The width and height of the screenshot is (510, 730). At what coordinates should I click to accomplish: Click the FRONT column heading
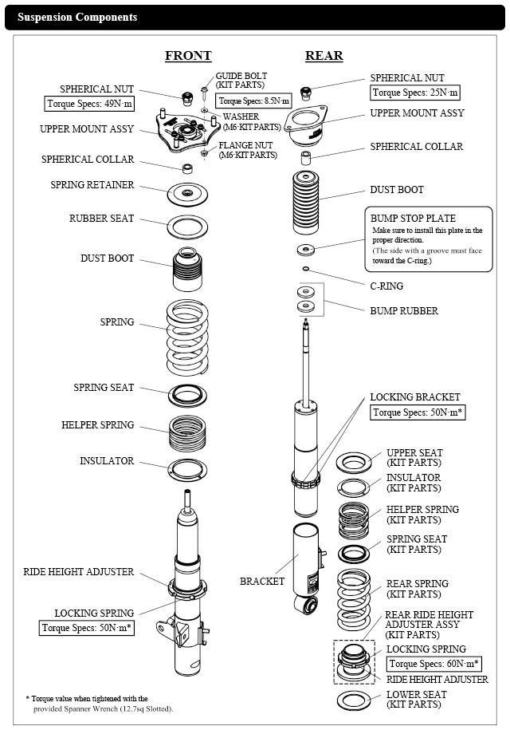pyautogui.click(x=188, y=56)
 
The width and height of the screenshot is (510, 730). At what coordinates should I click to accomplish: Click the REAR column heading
pyautogui.click(x=324, y=56)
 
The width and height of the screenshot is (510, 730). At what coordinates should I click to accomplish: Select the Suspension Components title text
pyautogui.click(x=77, y=17)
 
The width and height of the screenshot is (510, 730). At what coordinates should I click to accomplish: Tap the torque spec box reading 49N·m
pyautogui.click(x=89, y=104)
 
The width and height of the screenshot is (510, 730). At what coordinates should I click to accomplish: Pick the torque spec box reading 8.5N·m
pyautogui.click(x=254, y=101)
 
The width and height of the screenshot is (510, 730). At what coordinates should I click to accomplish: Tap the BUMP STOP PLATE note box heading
pyautogui.click(x=413, y=218)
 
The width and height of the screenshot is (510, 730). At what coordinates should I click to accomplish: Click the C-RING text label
pyautogui.click(x=386, y=286)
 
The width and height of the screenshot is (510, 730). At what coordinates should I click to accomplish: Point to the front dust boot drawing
pyautogui.click(x=188, y=271)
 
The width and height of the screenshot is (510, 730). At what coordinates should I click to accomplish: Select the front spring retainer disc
pyautogui.click(x=188, y=194)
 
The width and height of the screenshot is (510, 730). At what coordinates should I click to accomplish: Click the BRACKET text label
pyautogui.click(x=262, y=582)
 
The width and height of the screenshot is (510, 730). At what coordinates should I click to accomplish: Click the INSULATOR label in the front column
pyautogui.click(x=107, y=461)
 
